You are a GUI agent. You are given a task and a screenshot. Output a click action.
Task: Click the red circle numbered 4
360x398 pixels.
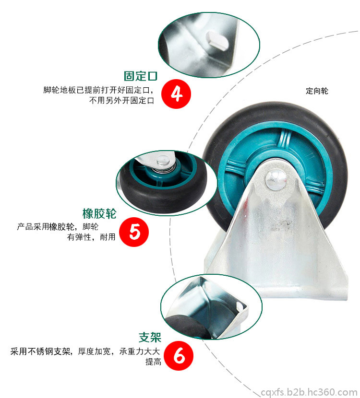pos(176,94)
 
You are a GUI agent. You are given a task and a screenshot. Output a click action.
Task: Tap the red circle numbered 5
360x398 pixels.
pos(134,232)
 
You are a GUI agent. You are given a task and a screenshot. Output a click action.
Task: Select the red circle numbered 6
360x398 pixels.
pos(179,356)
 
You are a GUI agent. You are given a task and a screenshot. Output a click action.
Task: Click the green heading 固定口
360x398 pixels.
pos(141,76)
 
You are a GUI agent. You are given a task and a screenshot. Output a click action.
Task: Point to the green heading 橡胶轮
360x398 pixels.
pos(99,213)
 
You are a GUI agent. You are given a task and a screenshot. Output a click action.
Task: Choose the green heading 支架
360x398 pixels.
pos(150,337)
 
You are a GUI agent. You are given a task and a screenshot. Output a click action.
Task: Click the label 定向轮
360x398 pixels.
pos(317,91)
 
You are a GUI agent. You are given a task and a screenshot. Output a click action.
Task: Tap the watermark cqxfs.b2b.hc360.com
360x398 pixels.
pos(309,392)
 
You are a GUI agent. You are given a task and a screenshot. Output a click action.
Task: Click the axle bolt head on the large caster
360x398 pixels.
pos(276,180)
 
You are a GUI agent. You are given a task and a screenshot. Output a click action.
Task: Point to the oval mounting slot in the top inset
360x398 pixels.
pos(216,41)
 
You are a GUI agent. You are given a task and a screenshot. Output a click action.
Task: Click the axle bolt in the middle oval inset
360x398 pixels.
pos(163,161)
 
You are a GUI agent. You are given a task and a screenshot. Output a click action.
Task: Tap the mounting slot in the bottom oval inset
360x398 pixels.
pos(240,305)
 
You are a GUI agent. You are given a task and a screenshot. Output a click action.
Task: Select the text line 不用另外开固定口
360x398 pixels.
pos(122,101)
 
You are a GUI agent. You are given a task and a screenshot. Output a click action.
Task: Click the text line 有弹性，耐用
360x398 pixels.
pos(91,237)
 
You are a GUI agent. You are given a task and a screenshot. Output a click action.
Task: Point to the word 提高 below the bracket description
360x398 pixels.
pos(154,362)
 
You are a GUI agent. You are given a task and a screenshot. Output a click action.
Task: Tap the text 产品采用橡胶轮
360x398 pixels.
pos(46,226)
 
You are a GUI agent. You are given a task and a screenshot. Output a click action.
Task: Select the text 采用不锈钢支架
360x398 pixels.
pos(40,351)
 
